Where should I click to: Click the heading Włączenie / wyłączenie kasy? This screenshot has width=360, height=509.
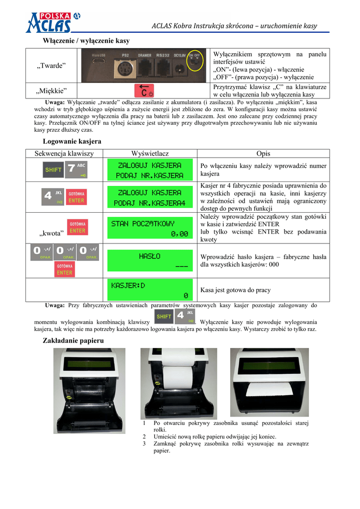[87, 41]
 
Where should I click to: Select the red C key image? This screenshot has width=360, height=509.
[144, 90]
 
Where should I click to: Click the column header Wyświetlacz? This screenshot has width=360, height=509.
[150, 154]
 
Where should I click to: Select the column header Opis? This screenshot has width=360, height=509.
[263, 154]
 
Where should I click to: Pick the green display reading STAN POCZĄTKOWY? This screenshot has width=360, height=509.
[150, 229]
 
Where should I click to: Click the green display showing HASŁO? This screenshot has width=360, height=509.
[150, 261]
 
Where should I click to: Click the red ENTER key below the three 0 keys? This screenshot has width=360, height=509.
[64, 270]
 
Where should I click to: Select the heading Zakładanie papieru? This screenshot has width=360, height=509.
[73, 340]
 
